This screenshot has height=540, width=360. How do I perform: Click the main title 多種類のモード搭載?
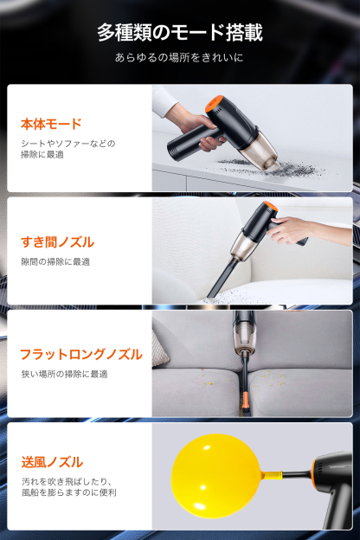[180, 33]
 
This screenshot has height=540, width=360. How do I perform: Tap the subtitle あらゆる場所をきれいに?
[180, 58]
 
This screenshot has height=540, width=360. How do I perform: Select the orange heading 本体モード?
[51, 124]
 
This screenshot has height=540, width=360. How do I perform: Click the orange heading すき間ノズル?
[57, 241]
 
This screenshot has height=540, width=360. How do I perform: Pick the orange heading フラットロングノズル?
[80, 354]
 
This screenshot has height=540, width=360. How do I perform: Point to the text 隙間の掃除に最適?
[55, 261]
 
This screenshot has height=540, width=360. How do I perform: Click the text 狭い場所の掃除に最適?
[64, 374]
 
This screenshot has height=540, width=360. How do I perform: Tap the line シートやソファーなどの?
[67, 143]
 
